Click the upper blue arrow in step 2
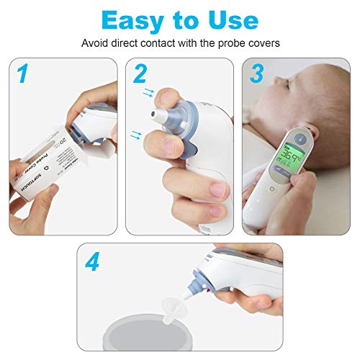pos(149,92)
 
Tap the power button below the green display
pos(270,190)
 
